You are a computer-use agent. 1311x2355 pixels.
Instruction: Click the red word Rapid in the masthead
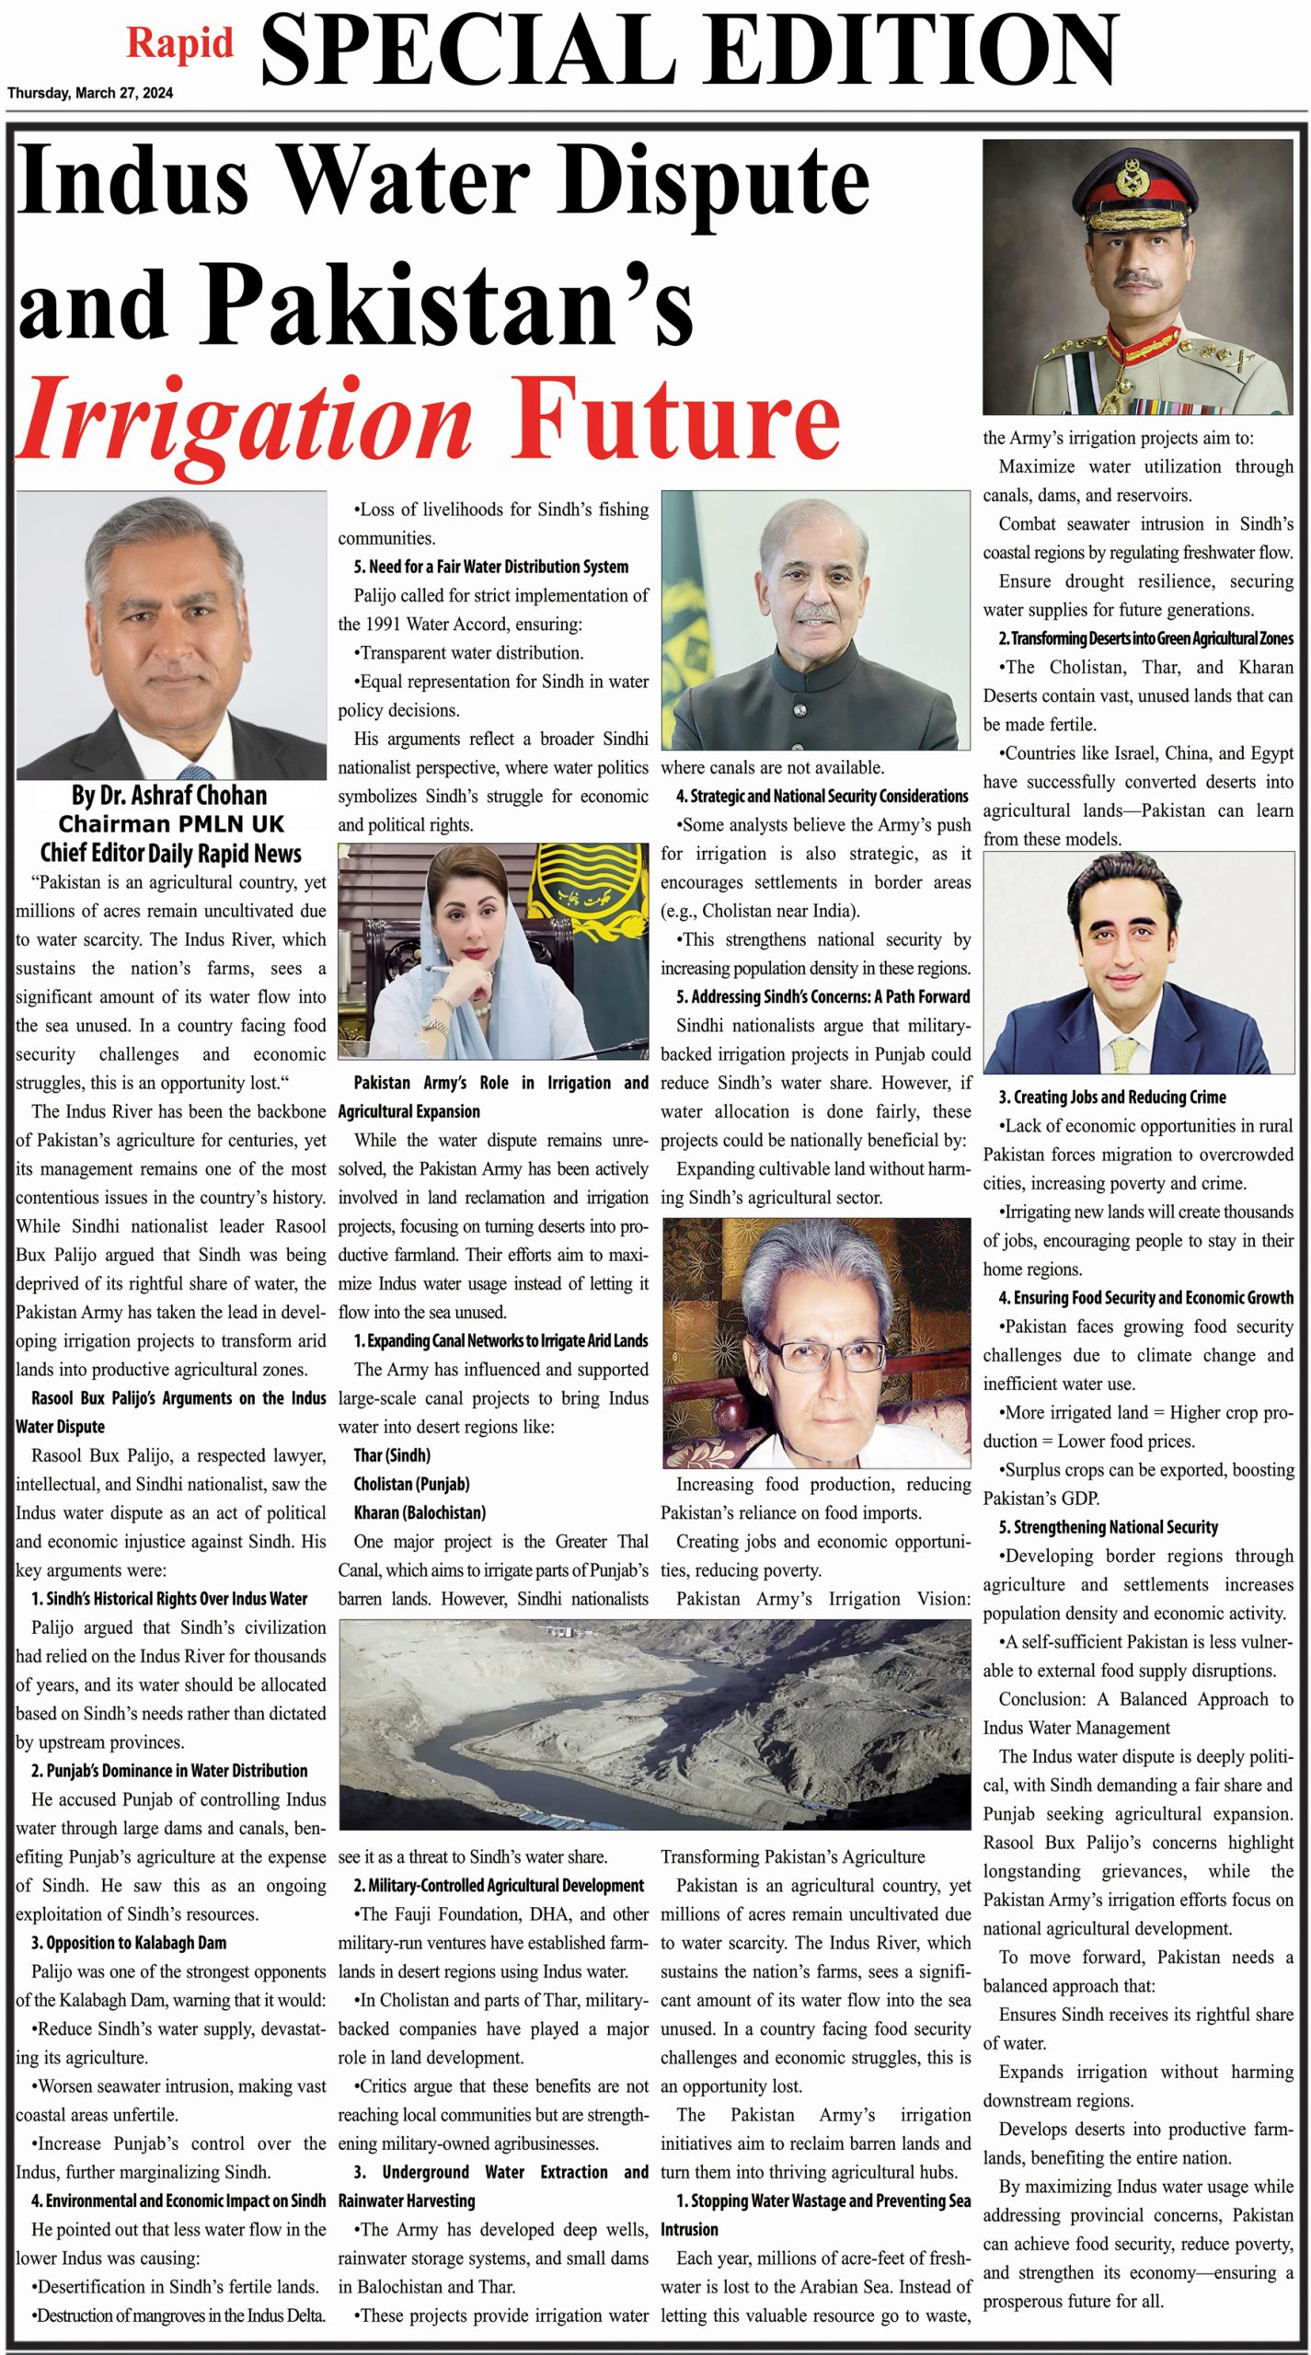(x=179, y=44)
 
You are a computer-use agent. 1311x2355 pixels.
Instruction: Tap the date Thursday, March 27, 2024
(x=90, y=93)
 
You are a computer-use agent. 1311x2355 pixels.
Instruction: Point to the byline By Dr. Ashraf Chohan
(x=169, y=796)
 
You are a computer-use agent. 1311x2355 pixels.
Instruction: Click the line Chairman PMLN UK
(x=171, y=824)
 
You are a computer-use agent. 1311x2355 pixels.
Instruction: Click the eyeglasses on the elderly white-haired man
(x=805, y=1355)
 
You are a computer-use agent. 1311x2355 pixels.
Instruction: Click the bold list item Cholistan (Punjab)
(x=411, y=1484)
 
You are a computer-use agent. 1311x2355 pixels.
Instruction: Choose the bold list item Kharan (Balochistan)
(x=420, y=1512)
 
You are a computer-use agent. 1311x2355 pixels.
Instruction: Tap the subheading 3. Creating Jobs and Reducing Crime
(x=1112, y=1097)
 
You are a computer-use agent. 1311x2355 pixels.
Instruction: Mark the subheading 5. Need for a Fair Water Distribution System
(x=491, y=568)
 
